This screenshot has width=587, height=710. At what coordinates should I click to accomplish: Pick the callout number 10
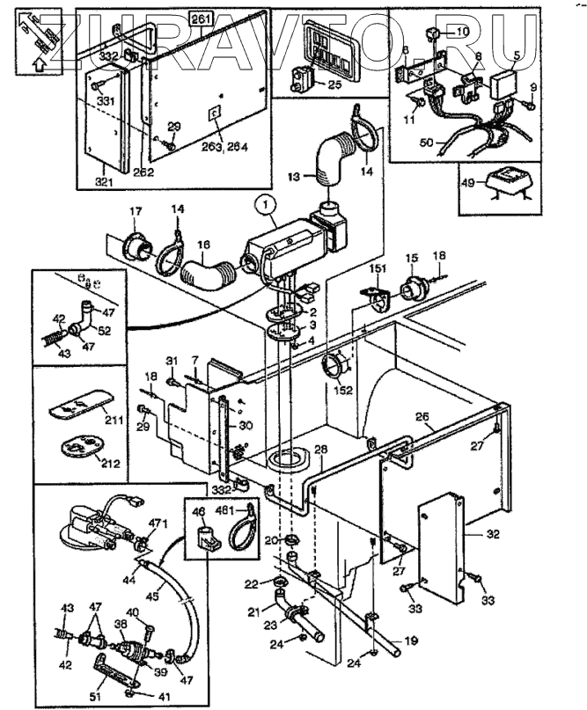tap(463, 33)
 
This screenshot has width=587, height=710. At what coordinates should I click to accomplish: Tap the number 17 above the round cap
tap(136, 212)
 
